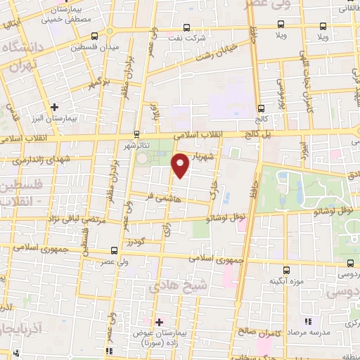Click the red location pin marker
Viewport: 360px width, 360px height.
coord(181,165)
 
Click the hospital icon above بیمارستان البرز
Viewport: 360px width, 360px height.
coord(54,107)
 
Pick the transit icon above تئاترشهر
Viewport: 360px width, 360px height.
coord(136,134)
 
